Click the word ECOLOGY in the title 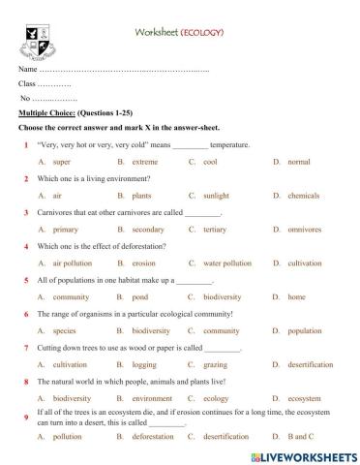click(202, 32)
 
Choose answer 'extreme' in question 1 click(145, 162)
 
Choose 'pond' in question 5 click(140, 296)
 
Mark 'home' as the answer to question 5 click(296, 296)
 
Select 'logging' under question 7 click(144, 364)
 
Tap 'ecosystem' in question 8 click(304, 398)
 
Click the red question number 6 click(25, 314)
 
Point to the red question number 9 click(25, 417)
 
